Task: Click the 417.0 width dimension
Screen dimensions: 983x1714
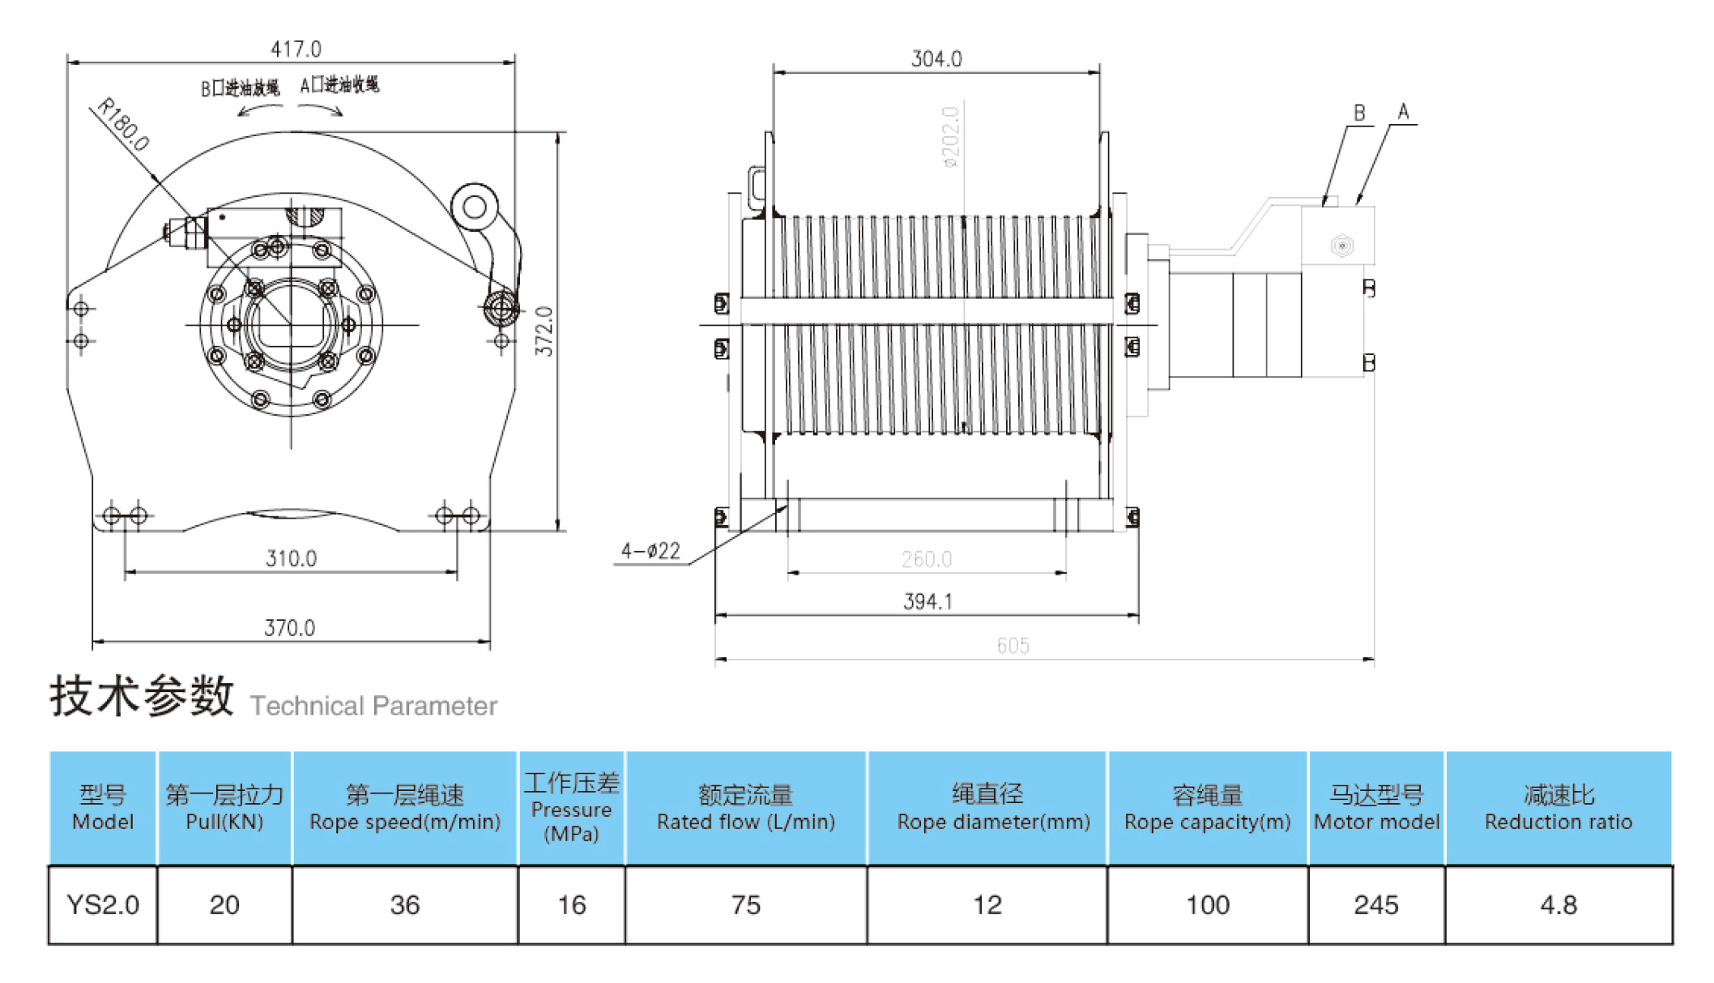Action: pyautogui.click(x=296, y=49)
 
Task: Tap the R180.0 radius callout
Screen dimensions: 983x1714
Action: pyautogui.click(x=123, y=125)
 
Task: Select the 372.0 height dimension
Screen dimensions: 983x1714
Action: pyautogui.click(x=544, y=331)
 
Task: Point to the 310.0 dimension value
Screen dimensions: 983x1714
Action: pyautogui.click(x=291, y=558)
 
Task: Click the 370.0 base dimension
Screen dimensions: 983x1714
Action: pyautogui.click(x=289, y=628)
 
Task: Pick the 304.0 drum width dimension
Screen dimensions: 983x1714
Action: pyautogui.click(x=936, y=59)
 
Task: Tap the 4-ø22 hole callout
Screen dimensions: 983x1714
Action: pyautogui.click(x=650, y=552)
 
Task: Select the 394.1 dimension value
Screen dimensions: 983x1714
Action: pyautogui.click(x=927, y=601)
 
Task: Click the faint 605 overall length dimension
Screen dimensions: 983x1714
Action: pyautogui.click(x=1013, y=646)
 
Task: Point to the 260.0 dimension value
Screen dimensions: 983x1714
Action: pyautogui.click(x=926, y=559)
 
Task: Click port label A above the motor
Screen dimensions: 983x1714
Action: pyautogui.click(x=1403, y=112)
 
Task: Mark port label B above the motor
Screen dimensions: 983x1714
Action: pyautogui.click(x=1359, y=113)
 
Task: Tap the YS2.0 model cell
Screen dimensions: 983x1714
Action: pyautogui.click(x=103, y=904)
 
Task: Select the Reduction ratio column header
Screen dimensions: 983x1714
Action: pyautogui.click(x=1558, y=808)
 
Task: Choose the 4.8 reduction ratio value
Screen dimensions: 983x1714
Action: pyautogui.click(x=1558, y=904)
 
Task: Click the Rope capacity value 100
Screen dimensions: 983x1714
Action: pyautogui.click(x=1207, y=904)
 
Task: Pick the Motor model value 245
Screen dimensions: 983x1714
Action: pyautogui.click(x=1375, y=904)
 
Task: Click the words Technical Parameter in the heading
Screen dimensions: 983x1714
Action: pyautogui.click(x=373, y=706)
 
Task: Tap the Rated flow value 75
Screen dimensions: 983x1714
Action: pyautogui.click(x=745, y=904)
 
